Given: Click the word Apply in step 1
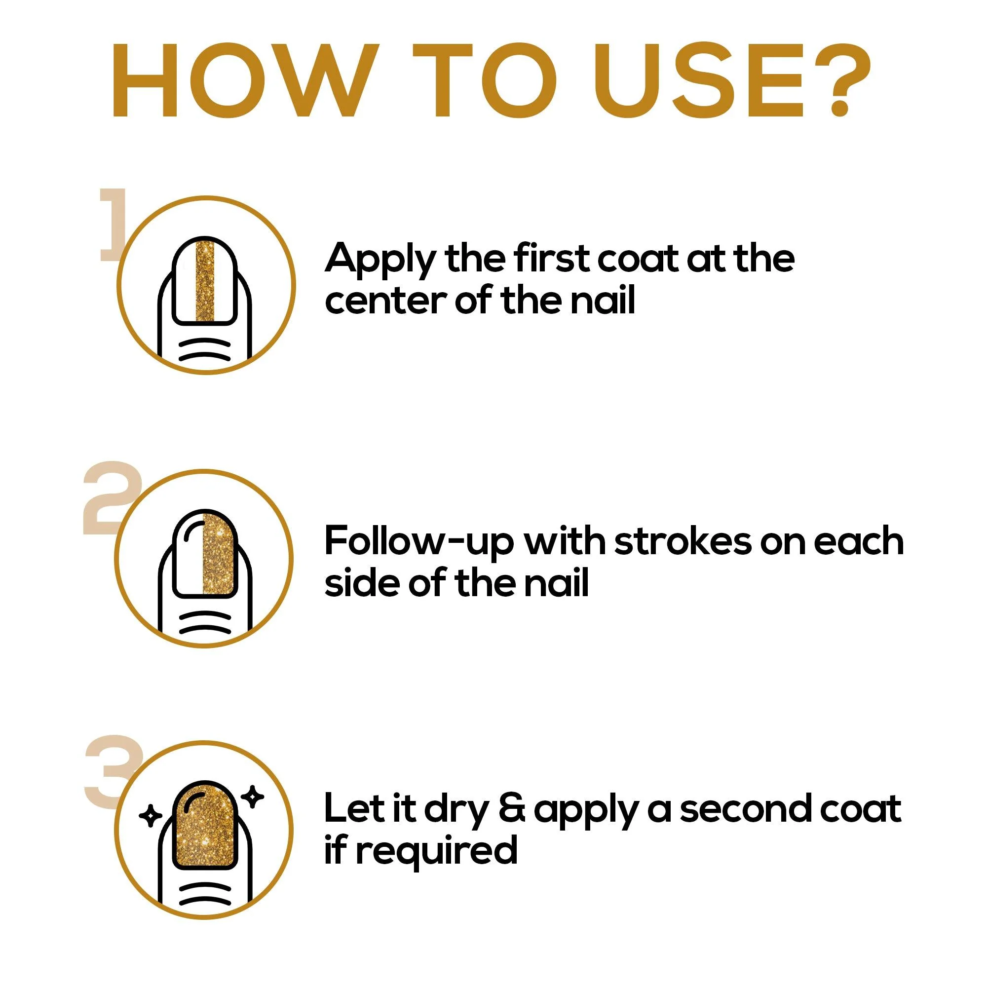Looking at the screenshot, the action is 380,261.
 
